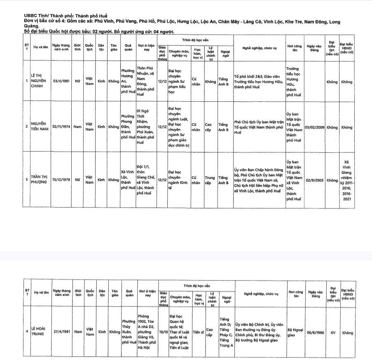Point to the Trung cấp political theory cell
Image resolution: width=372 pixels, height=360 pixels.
pos(210,180)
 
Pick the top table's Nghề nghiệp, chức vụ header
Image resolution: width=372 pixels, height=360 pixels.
pos(260,48)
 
